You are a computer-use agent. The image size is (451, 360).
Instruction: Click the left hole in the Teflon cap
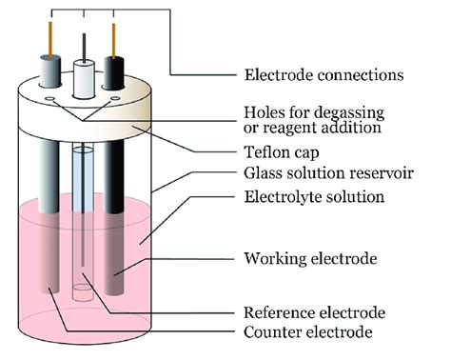click(48, 99)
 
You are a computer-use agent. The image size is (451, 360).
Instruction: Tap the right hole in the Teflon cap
click(115, 99)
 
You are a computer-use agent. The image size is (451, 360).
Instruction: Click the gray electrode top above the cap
click(50, 72)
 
